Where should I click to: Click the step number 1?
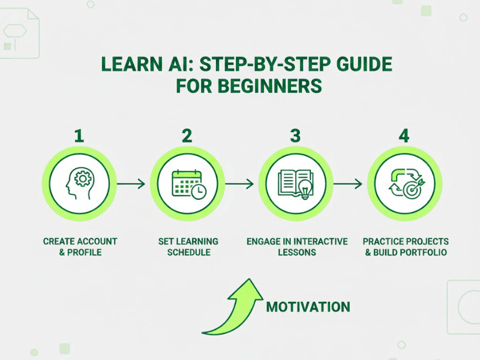click(79, 136)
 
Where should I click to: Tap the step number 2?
click(187, 136)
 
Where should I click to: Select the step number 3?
click(295, 136)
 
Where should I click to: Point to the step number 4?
click(404, 136)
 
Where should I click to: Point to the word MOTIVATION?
click(308, 307)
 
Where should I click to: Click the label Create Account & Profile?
click(80, 247)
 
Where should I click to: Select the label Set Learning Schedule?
click(188, 247)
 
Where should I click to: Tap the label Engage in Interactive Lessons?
click(297, 247)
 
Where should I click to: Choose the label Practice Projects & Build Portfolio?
click(405, 247)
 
